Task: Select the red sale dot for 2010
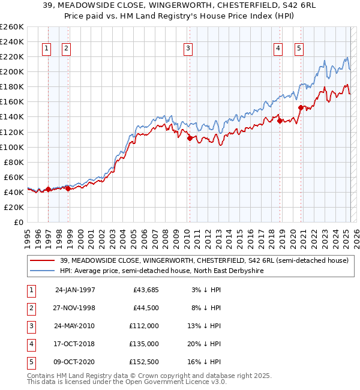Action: coord(190,138)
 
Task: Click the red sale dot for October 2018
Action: coord(280,121)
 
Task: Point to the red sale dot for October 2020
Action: coord(301,107)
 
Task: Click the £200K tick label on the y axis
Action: coord(12,71)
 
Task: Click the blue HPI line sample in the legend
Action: coord(42,271)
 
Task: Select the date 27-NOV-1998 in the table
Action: coord(75,308)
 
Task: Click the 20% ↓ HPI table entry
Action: coord(205,344)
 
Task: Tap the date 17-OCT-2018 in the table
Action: coord(75,344)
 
